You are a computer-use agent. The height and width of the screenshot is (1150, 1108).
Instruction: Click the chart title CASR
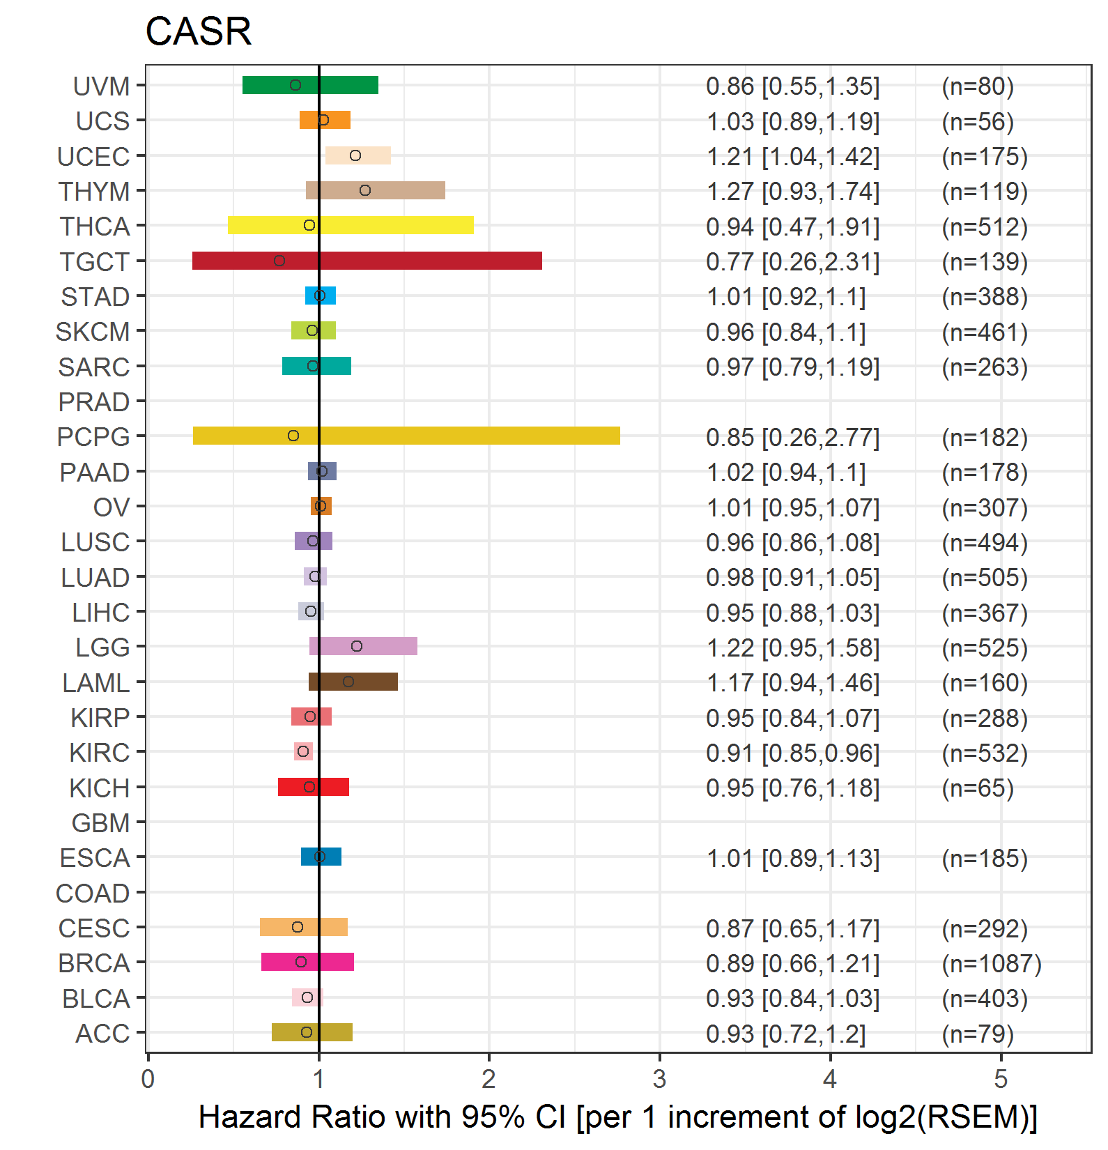pyautogui.click(x=198, y=32)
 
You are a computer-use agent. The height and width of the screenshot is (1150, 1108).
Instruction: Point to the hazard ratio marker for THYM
pyautogui.click(x=365, y=190)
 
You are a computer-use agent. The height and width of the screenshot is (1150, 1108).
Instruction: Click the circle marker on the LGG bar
pyautogui.click(x=357, y=646)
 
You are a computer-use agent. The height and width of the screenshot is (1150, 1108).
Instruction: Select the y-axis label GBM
pyautogui.click(x=100, y=823)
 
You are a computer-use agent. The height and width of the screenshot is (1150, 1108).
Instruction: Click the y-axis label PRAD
pyautogui.click(x=93, y=402)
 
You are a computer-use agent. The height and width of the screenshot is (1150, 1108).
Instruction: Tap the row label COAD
pyautogui.click(x=93, y=894)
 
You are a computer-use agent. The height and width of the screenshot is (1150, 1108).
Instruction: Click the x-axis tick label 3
pyautogui.click(x=659, y=1079)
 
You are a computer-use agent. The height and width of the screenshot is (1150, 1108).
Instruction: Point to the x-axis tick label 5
pyautogui.click(x=1001, y=1079)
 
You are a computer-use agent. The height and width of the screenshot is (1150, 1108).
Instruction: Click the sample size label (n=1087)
pyautogui.click(x=991, y=964)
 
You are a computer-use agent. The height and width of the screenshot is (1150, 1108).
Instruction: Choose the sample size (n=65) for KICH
pyautogui.click(x=977, y=788)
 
